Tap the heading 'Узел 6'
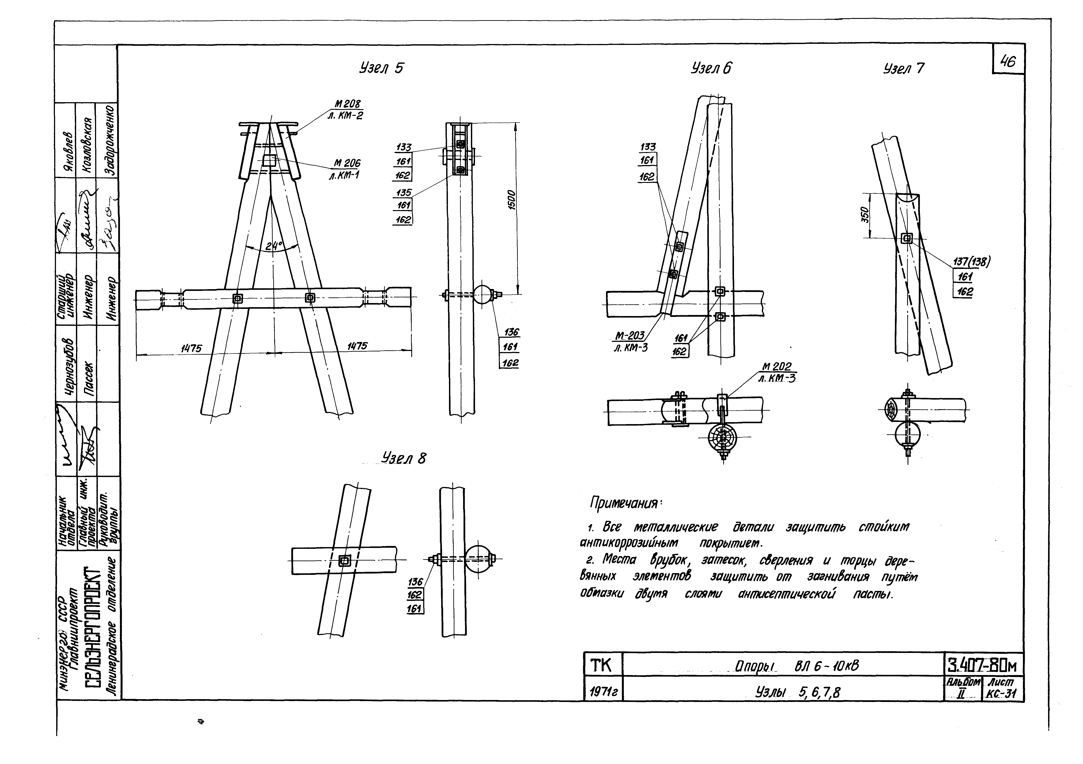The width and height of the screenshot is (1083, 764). click(711, 69)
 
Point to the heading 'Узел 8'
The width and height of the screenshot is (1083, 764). click(404, 458)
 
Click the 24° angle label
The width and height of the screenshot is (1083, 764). click(273, 246)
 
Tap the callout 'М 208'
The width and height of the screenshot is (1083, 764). click(347, 104)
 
